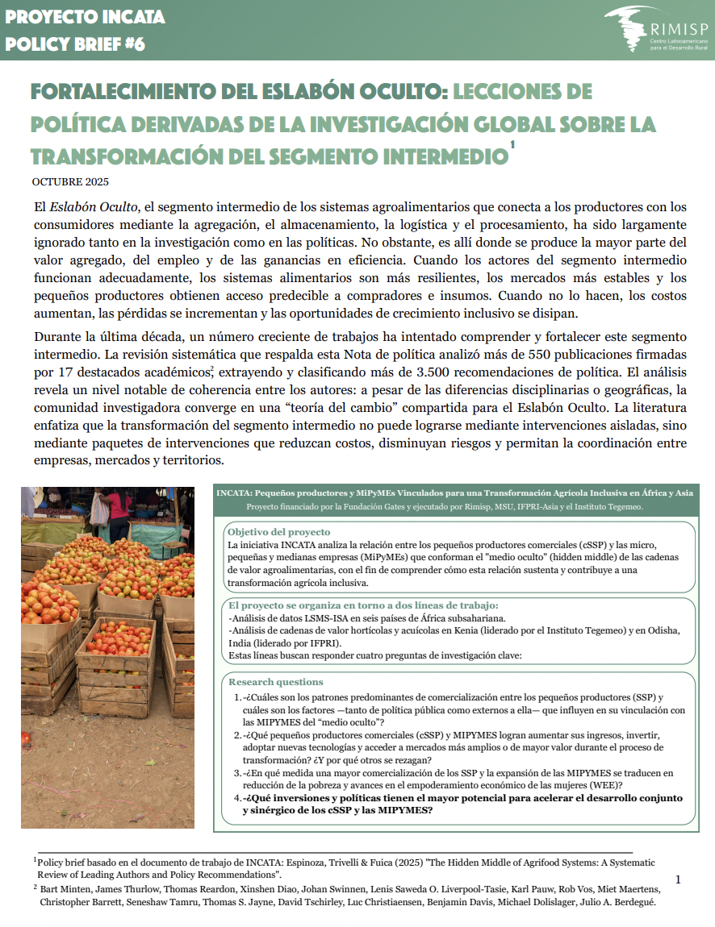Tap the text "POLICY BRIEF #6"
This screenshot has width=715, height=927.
pos(75,44)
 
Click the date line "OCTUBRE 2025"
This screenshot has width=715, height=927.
pos(70,181)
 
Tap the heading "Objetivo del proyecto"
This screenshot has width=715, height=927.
pos(278,532)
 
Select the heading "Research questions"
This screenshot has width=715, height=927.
pos(276,682)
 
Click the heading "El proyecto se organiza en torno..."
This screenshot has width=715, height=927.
pos(363,605)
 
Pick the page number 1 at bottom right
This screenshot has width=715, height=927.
pos(678,879)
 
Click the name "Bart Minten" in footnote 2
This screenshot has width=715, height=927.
pos(68,888)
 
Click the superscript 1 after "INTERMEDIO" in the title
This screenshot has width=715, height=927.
pos(512,145)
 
